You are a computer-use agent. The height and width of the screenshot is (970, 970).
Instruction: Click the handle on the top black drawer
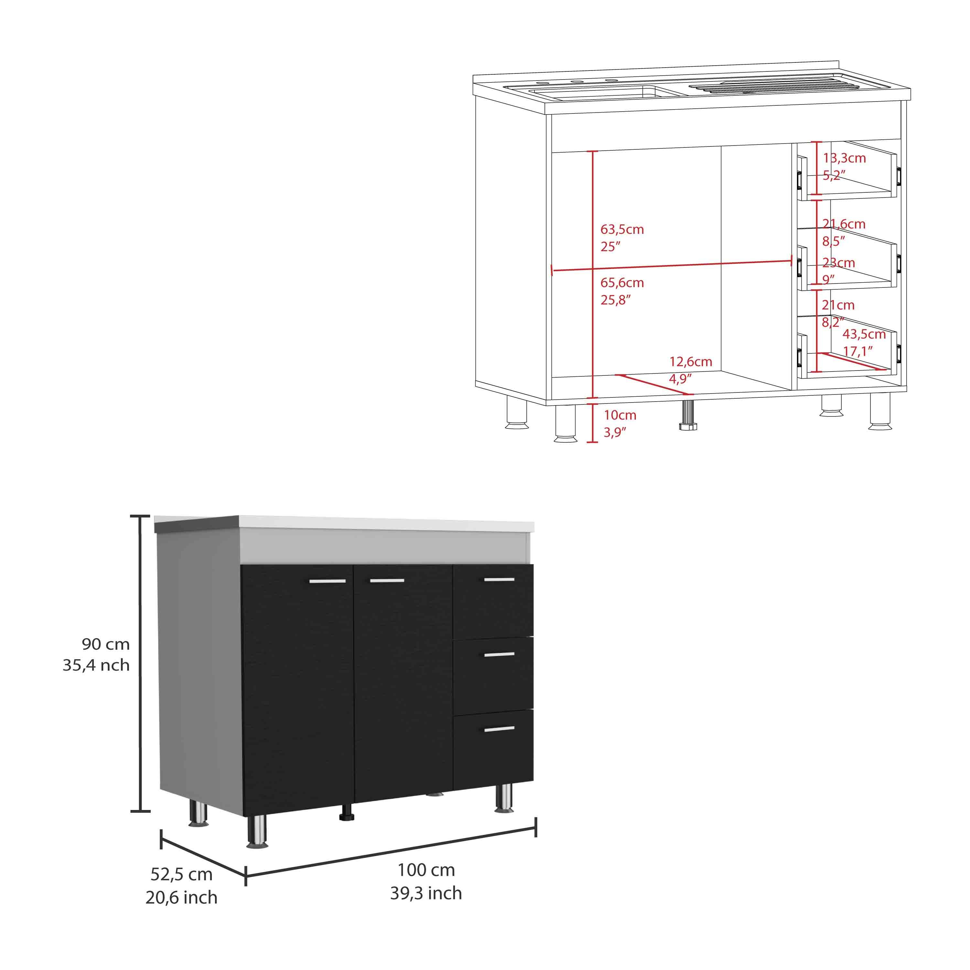tap(499, 580)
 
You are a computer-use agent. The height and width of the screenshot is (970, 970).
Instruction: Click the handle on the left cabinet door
tap(327, 581)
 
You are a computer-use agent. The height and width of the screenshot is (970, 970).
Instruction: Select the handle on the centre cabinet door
tap(387, 581)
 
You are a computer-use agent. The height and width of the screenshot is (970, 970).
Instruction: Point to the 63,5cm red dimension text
tap(622, 230)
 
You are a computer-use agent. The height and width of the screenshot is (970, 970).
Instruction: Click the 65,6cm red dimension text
tap(622, 283)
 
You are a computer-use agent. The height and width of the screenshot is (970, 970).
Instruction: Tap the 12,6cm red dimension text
tap(691, 361)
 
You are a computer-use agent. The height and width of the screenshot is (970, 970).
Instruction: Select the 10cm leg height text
tap(620, 415)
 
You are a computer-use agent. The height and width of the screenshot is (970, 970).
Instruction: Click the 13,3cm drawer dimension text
tap(845, 158)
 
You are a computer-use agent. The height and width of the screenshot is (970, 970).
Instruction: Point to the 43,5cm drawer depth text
tap(864, 334)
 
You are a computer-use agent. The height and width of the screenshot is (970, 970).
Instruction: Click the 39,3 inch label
tap(426, 893)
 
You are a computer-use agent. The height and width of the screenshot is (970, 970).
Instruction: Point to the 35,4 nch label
tap(96, 665)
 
